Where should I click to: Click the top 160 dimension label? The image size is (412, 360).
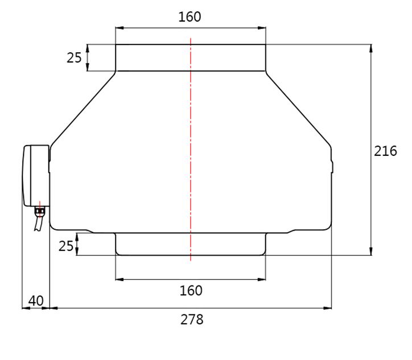pyautogui.click(x=189, y=16)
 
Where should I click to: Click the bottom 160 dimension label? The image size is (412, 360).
pyautogui.click(x=191, y=291)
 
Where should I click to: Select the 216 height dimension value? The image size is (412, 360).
pyautogui.click(x=385, y=151)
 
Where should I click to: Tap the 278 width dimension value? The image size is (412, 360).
pyautogui.click(x=192, y=320)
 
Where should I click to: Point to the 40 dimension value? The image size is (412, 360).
pyautogui.click(x=35, y=300)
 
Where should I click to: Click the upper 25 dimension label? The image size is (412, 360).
pyautogui.click(x=74, y=58)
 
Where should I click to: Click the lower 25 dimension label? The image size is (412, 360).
pyautogui.click(x=66, y=246)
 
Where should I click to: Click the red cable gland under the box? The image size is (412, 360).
pyautogui.click(x=39, y=211)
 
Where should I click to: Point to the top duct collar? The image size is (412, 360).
pyautogui.click(x=190, y=57)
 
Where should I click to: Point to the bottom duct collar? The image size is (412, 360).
pyautogui.click(x=190, y=244)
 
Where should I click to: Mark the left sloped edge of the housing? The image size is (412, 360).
pyautogui.click(x=83, y=108)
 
